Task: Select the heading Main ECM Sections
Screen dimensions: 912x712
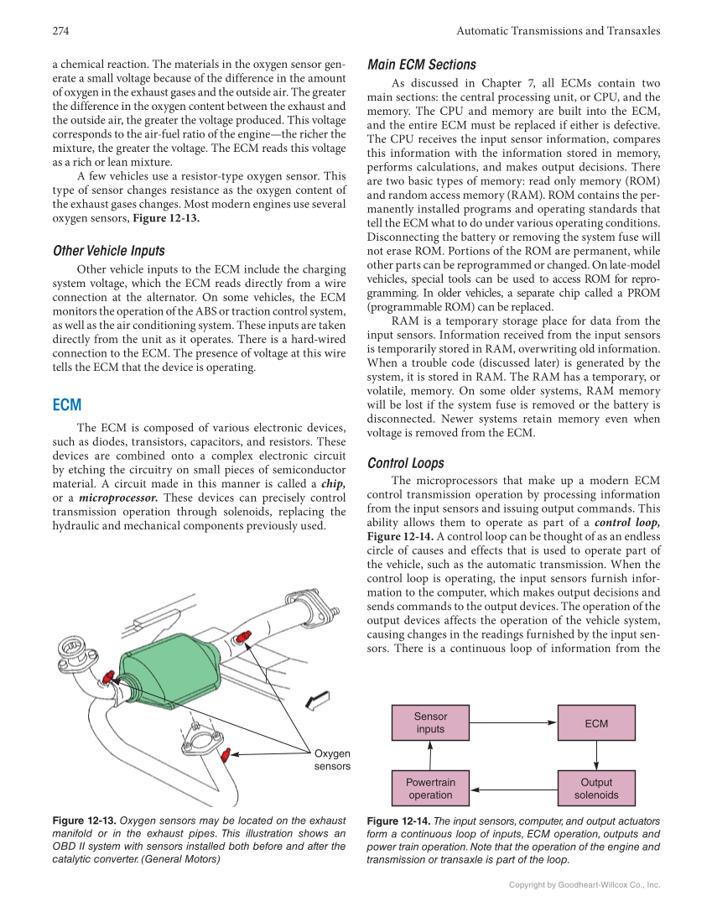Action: click(422, 65)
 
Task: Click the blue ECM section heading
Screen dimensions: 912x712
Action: click(67, 405)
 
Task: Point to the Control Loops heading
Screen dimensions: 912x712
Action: click(406, 463)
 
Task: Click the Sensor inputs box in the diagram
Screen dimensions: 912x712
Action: click(430, 722)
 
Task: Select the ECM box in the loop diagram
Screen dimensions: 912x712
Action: click(596, 722)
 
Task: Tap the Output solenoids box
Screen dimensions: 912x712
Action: click(596, 789)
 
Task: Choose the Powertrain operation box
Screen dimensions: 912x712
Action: click(430, 789)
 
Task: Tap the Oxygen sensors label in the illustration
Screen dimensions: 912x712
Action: click(332, 760)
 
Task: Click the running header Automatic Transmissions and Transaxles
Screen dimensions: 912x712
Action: click(558, 31)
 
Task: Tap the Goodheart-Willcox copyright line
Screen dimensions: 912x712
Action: click(585, 884)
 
